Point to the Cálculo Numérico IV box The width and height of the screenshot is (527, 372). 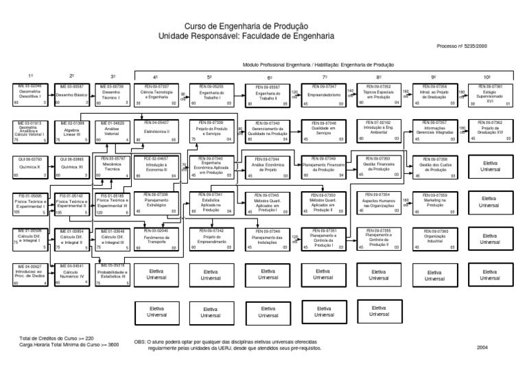tap(71, 274)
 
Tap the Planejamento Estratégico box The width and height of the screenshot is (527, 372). tap(156, 203)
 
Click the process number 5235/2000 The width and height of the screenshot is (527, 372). tap(473, 47)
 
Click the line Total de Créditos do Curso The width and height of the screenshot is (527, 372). tap(57, 338)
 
